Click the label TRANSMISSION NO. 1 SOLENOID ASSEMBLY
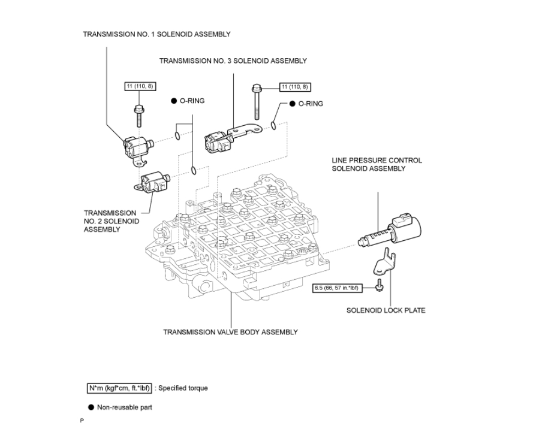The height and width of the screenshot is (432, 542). tap(156, 34)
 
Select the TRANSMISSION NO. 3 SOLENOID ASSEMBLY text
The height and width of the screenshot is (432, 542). tap(233, 61)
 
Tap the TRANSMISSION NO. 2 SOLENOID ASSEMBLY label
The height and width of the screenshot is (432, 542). tap(112, 221)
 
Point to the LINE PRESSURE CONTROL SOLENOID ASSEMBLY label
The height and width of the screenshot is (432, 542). tap(377, 164)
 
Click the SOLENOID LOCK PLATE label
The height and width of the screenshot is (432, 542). tap(386, 310)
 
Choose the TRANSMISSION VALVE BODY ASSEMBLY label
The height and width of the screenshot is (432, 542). tap(230, 332)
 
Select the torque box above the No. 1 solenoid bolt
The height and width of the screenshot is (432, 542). tap(139, 86)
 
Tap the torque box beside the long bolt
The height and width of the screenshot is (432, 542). tap(295, 87)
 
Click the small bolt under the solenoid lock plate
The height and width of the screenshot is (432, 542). tap(380, 288)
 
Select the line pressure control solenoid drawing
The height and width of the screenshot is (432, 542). tap(390, 231)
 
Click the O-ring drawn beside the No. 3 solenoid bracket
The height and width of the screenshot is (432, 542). tap(274, 125)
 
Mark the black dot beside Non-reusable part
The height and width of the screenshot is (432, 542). tap(91, 407)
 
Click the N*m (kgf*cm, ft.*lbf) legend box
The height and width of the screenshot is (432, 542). tap(119, 388)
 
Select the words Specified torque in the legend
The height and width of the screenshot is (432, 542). tap(183, 388)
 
